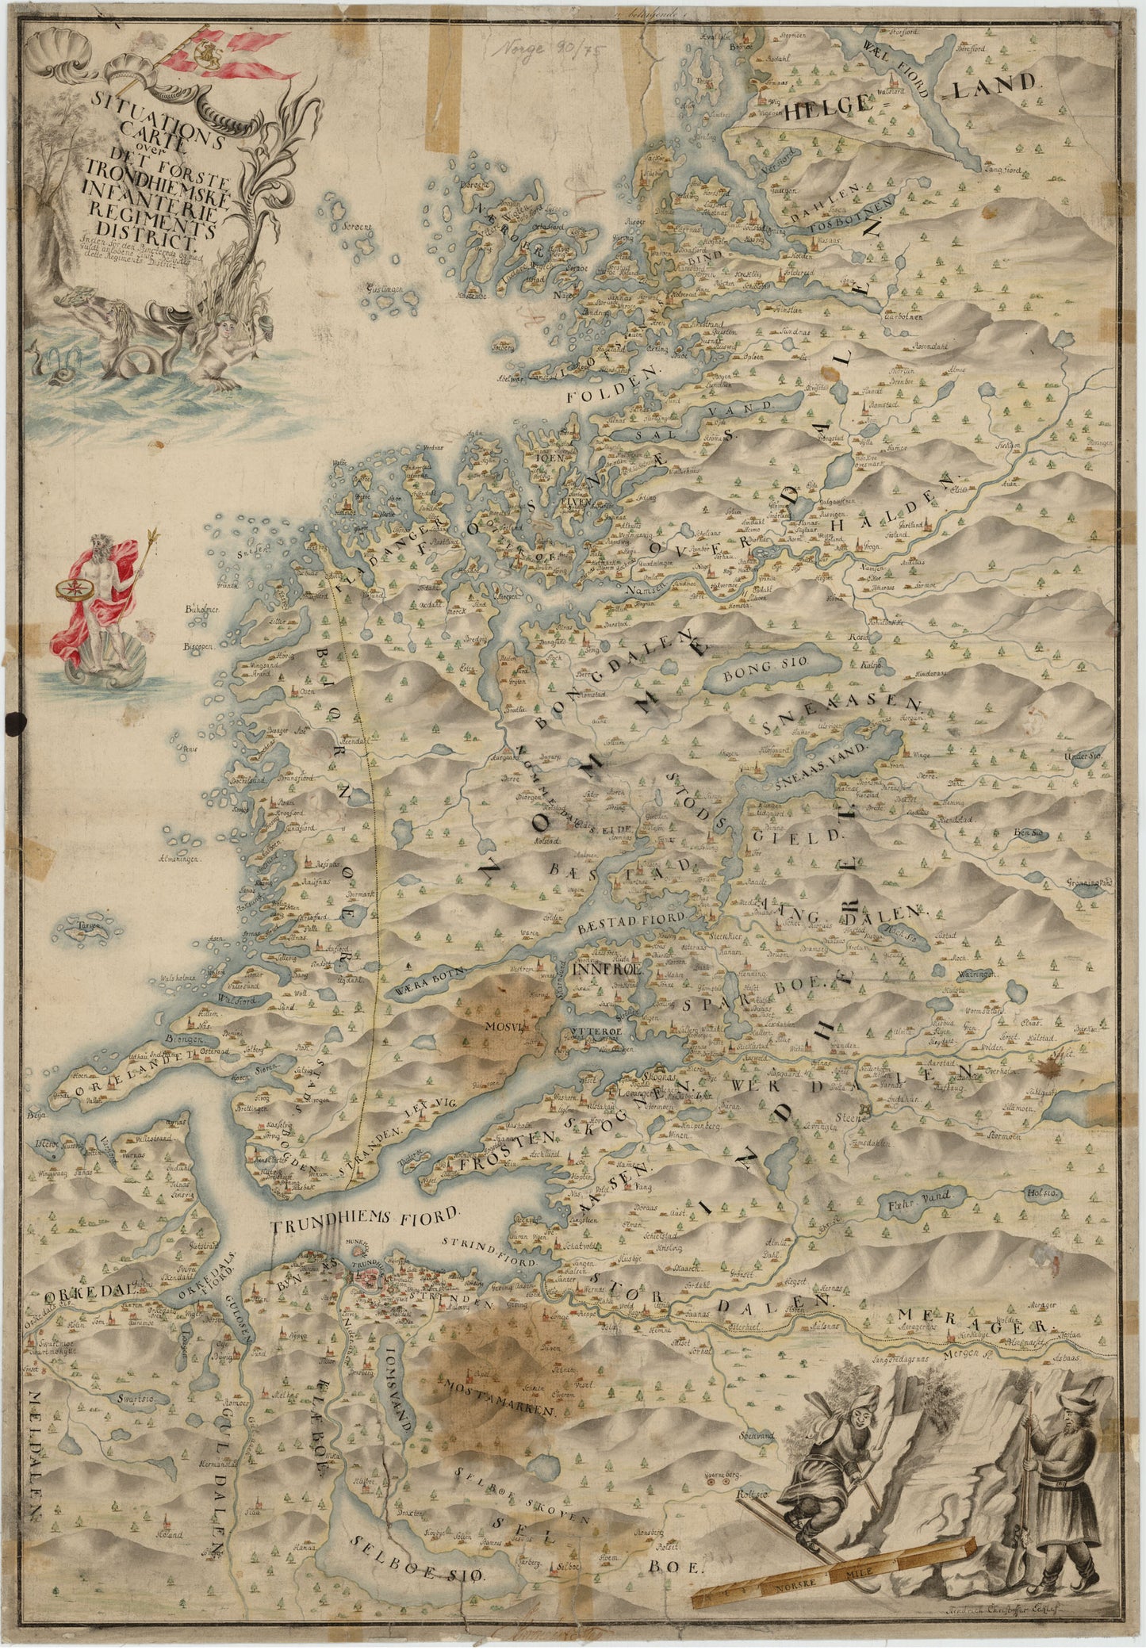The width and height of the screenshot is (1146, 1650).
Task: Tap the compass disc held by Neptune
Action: click(x=69, y=590)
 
